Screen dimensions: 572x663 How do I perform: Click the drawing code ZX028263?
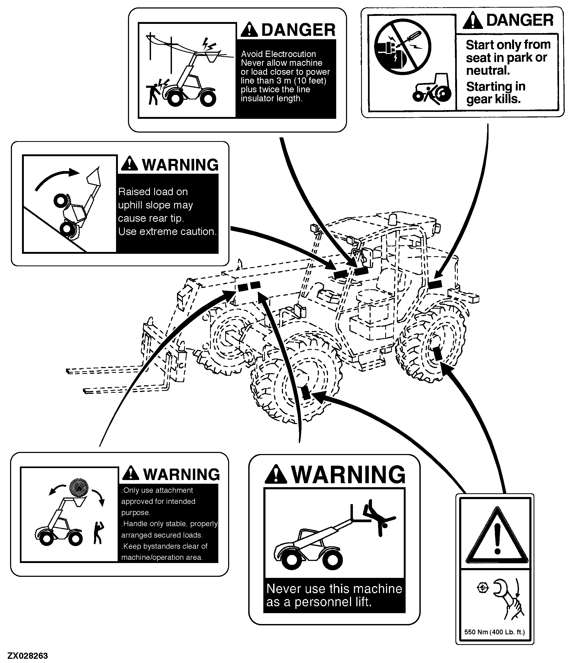click(x=28, y=656)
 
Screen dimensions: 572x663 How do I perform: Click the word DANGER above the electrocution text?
click(x=298, y=30)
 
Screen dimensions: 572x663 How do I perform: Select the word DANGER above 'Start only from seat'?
click(x=520, y=20)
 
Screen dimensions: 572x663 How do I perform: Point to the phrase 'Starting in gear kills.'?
click(x=496, y=93)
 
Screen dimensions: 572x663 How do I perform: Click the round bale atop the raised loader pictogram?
click(x=79, y=488)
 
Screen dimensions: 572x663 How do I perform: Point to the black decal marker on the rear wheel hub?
click(x=437, y=354)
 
